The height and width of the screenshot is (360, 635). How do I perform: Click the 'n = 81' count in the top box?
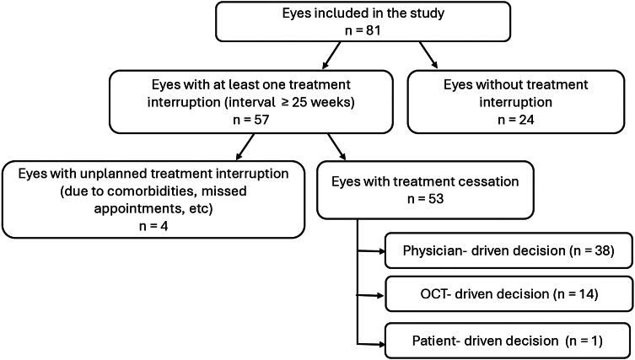[363, 30]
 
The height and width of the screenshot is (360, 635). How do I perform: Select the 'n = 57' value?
[251, 120]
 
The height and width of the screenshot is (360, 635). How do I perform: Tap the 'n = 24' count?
[515, 120]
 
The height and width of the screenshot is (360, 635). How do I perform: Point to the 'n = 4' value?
[153, 226]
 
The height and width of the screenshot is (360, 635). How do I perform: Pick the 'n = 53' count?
[425, 199]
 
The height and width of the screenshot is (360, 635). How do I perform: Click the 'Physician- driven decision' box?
[509, 250]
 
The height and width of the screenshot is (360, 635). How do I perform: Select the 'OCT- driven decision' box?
[509, 294]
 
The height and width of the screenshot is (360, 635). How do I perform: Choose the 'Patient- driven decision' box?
[509, 341]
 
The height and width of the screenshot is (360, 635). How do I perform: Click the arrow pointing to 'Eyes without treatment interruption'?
[428, 55]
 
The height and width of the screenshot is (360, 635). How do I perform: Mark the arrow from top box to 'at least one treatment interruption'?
[331, 55]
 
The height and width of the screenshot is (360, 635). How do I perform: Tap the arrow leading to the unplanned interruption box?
[245, 147]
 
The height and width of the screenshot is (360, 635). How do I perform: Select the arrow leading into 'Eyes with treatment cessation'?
[336, 147]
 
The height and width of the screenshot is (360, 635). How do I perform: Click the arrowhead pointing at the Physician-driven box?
[380, 251]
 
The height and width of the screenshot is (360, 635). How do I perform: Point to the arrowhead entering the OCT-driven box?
[379, 296]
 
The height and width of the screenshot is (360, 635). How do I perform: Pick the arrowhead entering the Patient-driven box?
[380, 345]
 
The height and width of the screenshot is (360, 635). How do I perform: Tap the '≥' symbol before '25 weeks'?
[287, 103]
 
